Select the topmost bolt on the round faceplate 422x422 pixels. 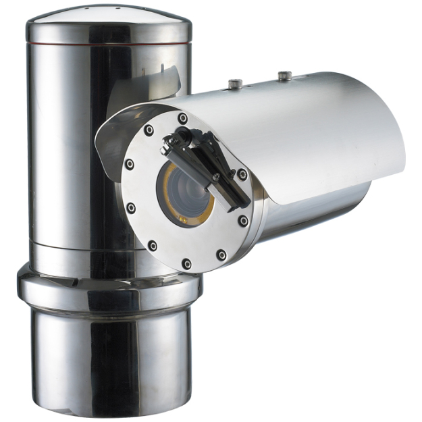point(183,118)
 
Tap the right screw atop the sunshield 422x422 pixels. point(285,77)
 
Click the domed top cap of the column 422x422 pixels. point(109,20)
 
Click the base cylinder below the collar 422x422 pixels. point(109,358)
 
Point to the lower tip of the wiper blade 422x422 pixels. point(244,203)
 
